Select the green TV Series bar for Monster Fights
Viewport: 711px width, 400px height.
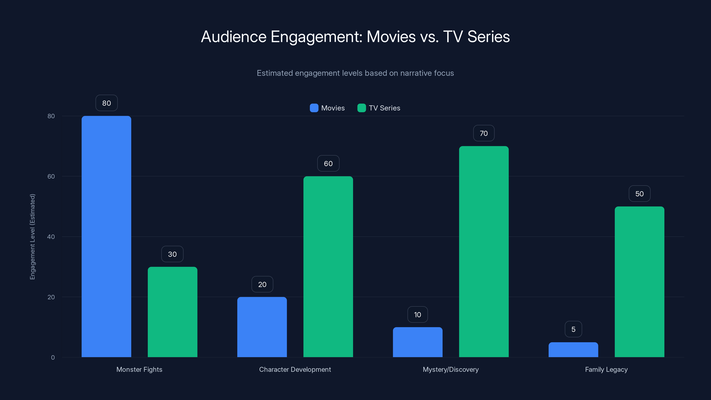point(172,312)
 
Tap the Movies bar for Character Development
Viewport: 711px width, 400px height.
point(262,327)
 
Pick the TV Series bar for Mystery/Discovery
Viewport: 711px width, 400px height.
point(483,252)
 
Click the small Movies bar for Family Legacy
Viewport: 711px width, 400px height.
point(573,350)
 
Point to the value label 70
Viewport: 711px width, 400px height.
point(483,133)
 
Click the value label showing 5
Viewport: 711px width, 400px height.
point(573,329)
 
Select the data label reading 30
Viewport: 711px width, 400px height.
point(172,254)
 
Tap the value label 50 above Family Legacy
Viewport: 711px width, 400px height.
point(639,194)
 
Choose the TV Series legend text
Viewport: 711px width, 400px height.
point(384,108)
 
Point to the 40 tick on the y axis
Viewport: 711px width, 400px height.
point(51,237)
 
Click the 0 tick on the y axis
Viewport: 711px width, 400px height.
point(53,358)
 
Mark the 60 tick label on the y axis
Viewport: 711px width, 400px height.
point(51,176)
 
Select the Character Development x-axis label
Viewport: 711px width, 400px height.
point(295,369)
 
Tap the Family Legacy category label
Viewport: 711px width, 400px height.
point(606,369)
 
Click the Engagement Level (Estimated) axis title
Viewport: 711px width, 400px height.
point(33,237)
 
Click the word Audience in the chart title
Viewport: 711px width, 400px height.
point(234,37)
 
